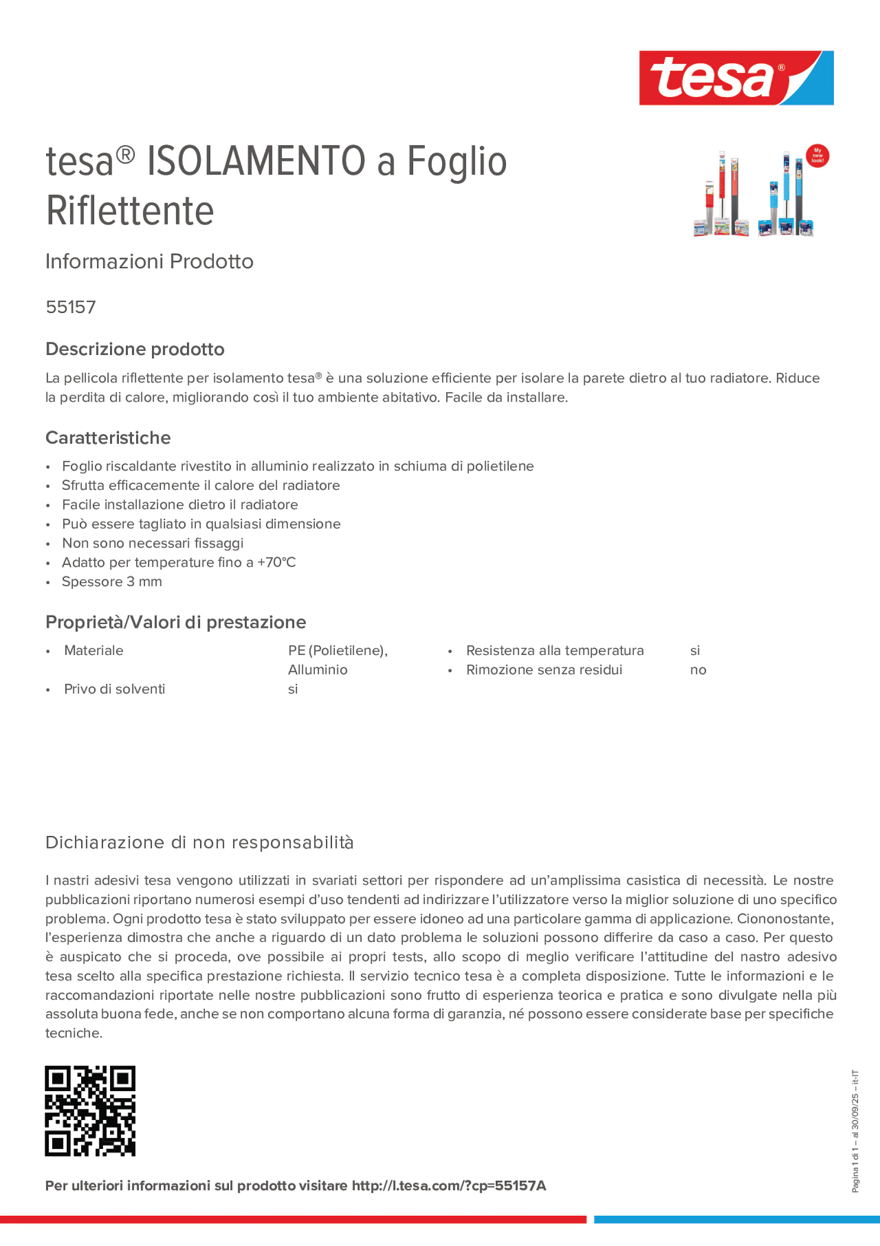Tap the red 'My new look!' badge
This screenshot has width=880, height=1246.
(x=817, y=156)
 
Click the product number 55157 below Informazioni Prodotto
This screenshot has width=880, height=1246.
(x=70, y=307)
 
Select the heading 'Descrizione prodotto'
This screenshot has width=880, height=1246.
(x=135, y=349)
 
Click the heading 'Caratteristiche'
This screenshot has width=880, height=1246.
(x=108, y=438)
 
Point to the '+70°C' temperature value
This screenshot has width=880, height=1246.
(x=276, y=562)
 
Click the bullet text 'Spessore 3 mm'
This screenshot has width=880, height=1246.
(x=112, y=582)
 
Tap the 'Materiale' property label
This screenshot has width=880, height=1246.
(x=93, y=650)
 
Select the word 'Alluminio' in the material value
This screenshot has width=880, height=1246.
(x=318, y=670)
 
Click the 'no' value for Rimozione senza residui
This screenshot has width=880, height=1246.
(x=698, y=670)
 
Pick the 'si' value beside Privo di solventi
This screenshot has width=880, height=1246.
(x=293, y=689)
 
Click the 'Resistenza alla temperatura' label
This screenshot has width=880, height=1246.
(x=554, y=650)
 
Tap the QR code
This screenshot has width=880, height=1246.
(x=90, y=1111)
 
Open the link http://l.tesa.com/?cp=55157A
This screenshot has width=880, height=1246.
(x=449, y=1186)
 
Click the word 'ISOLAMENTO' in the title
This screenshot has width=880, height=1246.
(x=256, y=161)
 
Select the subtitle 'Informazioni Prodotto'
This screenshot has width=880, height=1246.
(x=149, y=262)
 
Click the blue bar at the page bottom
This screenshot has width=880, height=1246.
(x=736, y=1219)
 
